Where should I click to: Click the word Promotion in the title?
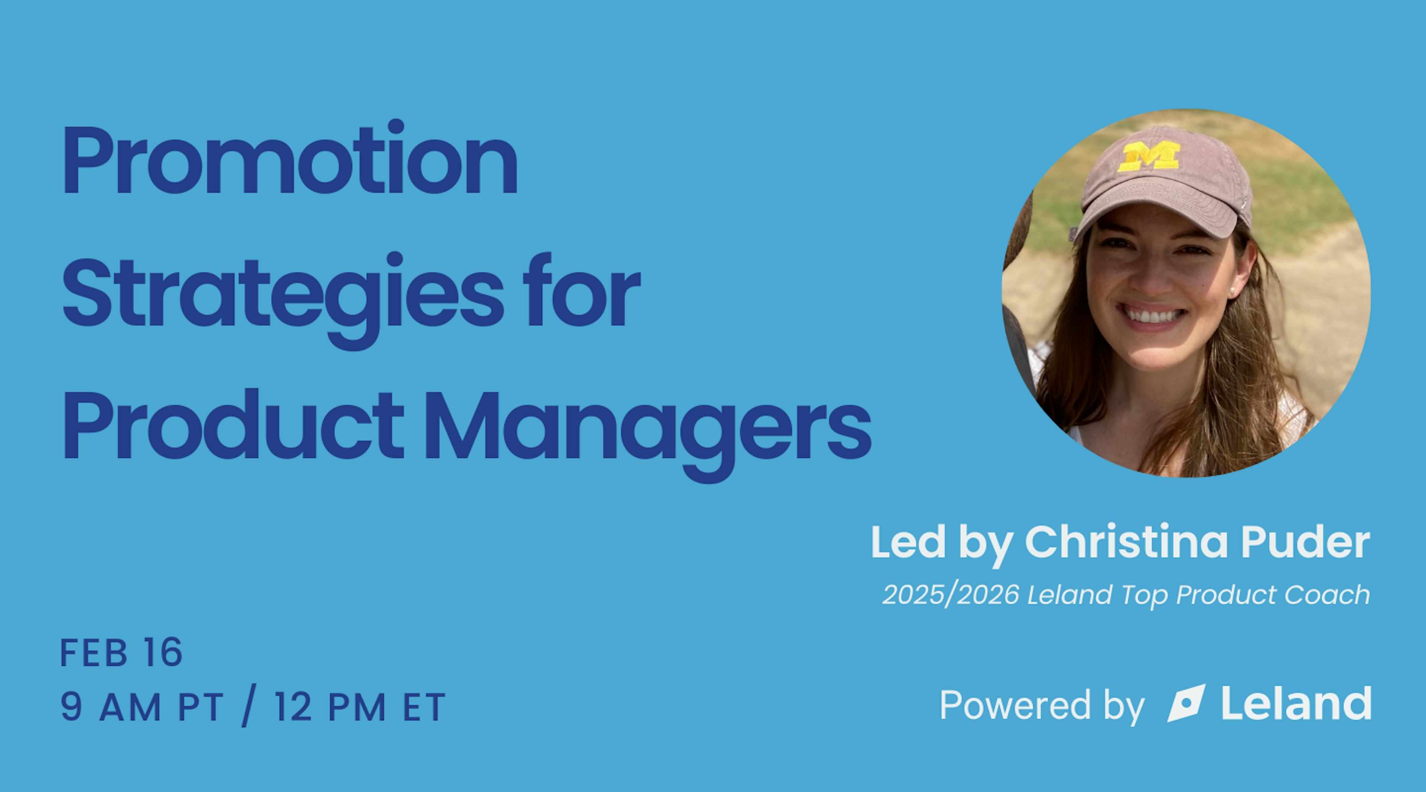coord(291,160)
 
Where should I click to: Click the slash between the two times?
coord(250,705)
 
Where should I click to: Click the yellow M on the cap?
coord(1148,156)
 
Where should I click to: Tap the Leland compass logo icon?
coord(1185,704)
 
